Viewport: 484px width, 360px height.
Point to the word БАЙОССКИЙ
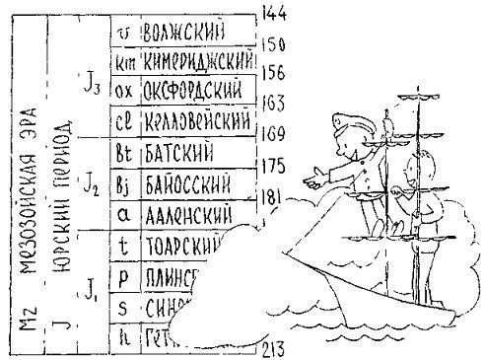coord(186,183)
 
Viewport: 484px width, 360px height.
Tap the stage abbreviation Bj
coord(124,183)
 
